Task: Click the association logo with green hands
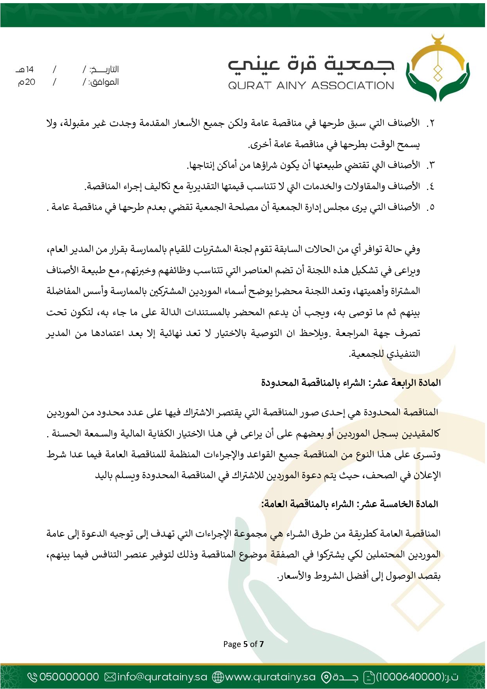tap(438, 69)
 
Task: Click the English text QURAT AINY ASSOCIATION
tap(311, 86)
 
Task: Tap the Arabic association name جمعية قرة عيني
tap(311, 64)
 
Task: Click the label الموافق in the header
tap(104, 82)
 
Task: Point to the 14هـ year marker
tap(26, 70)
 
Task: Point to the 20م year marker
tap(27, 82)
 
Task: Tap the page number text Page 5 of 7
tap(243, 644)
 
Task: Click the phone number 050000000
tap(69, 677)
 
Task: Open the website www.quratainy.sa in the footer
tap(270, 677)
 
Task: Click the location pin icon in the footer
tap(326, 677)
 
